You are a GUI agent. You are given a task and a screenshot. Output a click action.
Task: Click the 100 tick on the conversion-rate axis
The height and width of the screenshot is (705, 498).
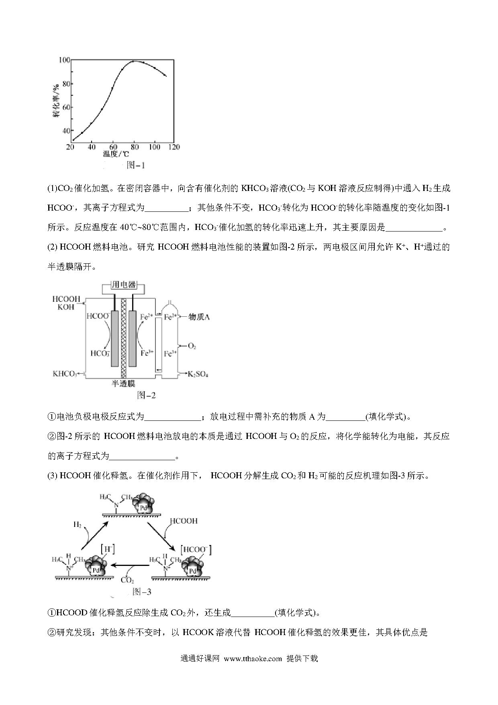(x=64, y=60)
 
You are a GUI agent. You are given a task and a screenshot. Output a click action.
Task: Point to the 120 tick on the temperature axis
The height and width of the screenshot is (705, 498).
(x=174, y=147)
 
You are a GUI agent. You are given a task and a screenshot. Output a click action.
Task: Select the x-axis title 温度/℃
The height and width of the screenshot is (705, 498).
(x=115, y=154)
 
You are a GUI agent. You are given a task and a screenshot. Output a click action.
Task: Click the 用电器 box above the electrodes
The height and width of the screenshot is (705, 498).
(x=123, y=285)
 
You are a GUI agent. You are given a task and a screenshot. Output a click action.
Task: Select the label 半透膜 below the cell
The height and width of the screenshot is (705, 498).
(x=123, y=383)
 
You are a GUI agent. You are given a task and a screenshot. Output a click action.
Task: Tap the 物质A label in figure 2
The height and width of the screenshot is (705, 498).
(x=200, y=317)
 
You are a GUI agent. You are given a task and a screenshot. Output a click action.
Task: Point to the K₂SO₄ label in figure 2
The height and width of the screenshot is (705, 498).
(x=198, y=374)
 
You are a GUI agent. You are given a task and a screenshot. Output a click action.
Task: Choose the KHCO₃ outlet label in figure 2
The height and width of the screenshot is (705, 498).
(x=65, y=374)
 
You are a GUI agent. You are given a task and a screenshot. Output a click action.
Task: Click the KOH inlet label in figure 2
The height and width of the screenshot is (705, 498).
(x=66, y=307)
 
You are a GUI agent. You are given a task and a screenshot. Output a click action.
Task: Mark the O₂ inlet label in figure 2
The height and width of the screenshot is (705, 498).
(x=192, y=346)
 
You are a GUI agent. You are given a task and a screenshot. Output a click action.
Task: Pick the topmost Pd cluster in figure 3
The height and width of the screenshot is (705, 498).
(x=143, y=503)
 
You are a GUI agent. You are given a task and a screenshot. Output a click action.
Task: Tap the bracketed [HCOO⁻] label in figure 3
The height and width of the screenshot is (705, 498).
(x=196, y=550)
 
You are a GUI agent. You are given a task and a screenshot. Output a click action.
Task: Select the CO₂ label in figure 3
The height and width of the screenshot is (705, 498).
(x=127, y=580)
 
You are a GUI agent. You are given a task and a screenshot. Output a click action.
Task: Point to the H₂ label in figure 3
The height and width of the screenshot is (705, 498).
(x=78, y=525)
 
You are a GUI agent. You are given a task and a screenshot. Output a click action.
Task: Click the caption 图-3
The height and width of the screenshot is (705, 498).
(x=141, y=592)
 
